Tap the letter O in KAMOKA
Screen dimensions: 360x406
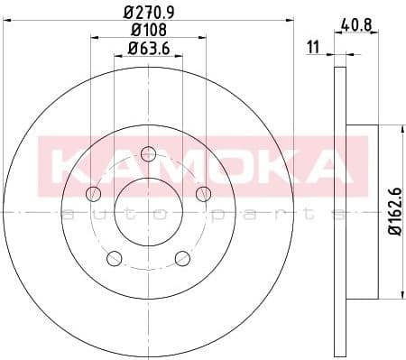pos(226,165)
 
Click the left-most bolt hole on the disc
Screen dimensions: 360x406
pos(93,194)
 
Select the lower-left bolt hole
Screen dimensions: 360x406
pos(115,259)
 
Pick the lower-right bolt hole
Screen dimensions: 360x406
pos(182,258)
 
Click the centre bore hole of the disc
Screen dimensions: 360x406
pos(148,209)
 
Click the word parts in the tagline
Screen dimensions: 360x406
pos(271,215)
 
